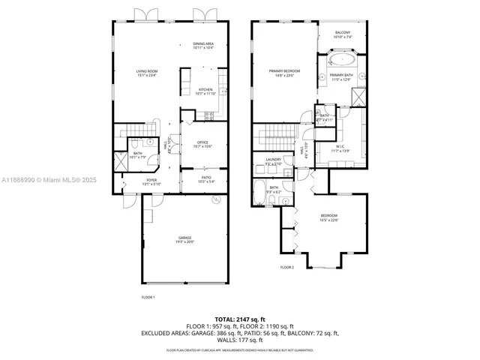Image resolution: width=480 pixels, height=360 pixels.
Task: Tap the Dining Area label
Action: [203, 46]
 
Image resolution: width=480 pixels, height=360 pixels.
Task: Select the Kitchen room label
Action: [205, 91]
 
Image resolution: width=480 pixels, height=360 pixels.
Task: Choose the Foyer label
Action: [151, 181]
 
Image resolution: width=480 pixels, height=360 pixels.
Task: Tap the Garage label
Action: [185, 239]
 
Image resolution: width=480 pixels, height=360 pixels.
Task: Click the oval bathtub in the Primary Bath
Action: [342, 59]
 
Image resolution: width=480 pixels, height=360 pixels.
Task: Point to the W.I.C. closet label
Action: [341, 149]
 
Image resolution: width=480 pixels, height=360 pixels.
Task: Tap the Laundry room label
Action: [273, 160]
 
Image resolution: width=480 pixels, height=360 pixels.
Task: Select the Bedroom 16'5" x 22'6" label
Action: [329, 217]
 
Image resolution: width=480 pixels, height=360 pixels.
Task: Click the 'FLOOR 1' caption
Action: [148, 298]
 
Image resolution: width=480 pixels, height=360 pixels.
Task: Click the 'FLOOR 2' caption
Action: [287, 267]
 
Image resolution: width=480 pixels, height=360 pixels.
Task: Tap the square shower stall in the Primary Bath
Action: [358, 97]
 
